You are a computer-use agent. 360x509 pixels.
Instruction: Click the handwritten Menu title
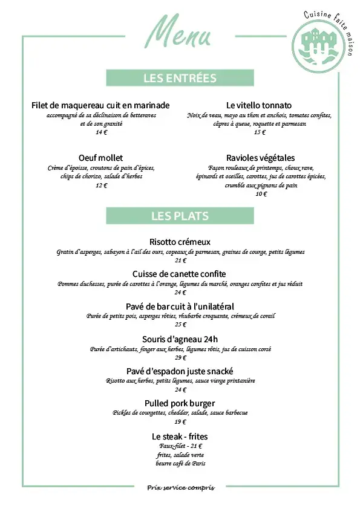pos(180,33)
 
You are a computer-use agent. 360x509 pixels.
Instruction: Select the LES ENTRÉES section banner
pos(180,78)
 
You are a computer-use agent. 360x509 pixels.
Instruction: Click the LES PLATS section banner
pos(180,216)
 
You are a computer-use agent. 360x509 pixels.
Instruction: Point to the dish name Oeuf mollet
pos(100,158)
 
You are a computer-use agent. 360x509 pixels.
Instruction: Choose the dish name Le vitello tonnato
pos(259,105)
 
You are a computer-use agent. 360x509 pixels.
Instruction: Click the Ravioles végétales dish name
pos(260,158)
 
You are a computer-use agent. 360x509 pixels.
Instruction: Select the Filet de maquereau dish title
pos(100,105)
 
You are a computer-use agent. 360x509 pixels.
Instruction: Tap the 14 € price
pos(100,132)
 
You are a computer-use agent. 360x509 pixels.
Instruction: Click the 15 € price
pos(260,132)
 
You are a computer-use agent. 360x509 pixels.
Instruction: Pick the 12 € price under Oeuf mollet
pos(100,186)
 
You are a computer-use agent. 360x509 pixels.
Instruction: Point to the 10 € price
pos(261,194)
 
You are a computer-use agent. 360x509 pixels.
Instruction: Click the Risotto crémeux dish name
pos(180,242)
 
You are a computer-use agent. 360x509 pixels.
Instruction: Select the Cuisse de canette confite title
pos(180,274)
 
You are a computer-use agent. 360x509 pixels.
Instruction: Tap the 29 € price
pos(180,357)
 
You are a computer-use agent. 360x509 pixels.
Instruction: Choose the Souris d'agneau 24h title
pos(180,339)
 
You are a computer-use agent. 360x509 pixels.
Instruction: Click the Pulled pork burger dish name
pos(180,403)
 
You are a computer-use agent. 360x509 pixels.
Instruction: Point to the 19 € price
pos(180,422)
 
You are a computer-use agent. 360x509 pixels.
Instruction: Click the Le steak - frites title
pos(180,436)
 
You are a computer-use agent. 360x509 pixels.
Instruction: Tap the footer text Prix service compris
pos(180,487)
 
